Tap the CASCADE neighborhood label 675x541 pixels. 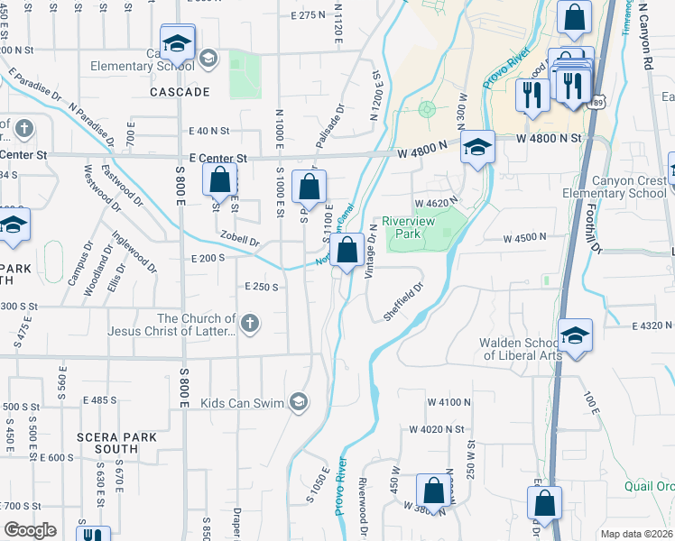(180, 92)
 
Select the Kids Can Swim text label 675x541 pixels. (242, 403)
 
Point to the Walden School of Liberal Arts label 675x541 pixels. (521, 348)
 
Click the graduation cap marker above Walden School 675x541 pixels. (575, 335)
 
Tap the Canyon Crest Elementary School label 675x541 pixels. (614, 187)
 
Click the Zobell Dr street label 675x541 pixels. (240, 240)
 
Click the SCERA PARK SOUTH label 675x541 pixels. (116, 443)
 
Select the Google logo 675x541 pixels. (30, 529)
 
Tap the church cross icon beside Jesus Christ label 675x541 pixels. (250, 322)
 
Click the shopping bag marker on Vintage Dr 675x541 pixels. (347, 249)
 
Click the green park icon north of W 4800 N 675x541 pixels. (427, 110)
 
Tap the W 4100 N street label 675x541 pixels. (449, 401)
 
